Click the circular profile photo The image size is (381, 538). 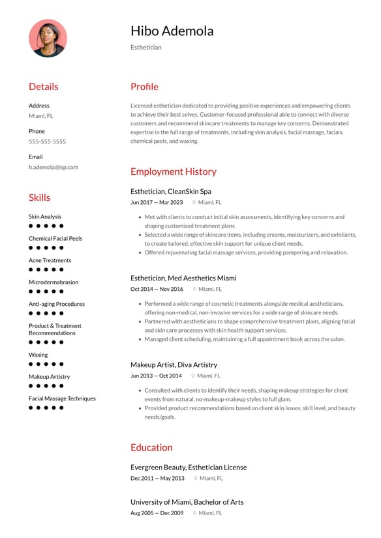click(x=48, y=38)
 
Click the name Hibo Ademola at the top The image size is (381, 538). click(x=172, y=31)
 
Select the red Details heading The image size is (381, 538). click(x=43, y=87)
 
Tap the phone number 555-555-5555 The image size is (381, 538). click(x=47, y=142)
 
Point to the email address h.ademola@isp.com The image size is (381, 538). click(x=53, y=167)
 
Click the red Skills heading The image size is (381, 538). click(x=39, y=198)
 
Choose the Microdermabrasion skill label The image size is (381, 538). click(x=53, y=282)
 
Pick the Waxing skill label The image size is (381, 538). click(x=38, y=355)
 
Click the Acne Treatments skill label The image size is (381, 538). click(x=50, y=260)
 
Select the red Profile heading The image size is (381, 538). click(x=144, y=87)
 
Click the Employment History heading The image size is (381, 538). click(x=173, y=172)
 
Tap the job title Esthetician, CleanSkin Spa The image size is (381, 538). click(x=170, y=192)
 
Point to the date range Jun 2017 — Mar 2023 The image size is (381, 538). click(x=157, y=203)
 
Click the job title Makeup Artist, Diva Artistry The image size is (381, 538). click(x=174, y=365)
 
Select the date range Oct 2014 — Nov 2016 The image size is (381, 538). click(x=157, y=289)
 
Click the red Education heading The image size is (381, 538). click(x=151, y=447)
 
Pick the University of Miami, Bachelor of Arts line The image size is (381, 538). click(x=187, y=502)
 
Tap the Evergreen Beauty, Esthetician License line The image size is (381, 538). click(x=188, y=467)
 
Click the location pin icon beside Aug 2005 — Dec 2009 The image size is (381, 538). click(x=194, y=513)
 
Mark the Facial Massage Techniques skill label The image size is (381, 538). click(x=62, y=398)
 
